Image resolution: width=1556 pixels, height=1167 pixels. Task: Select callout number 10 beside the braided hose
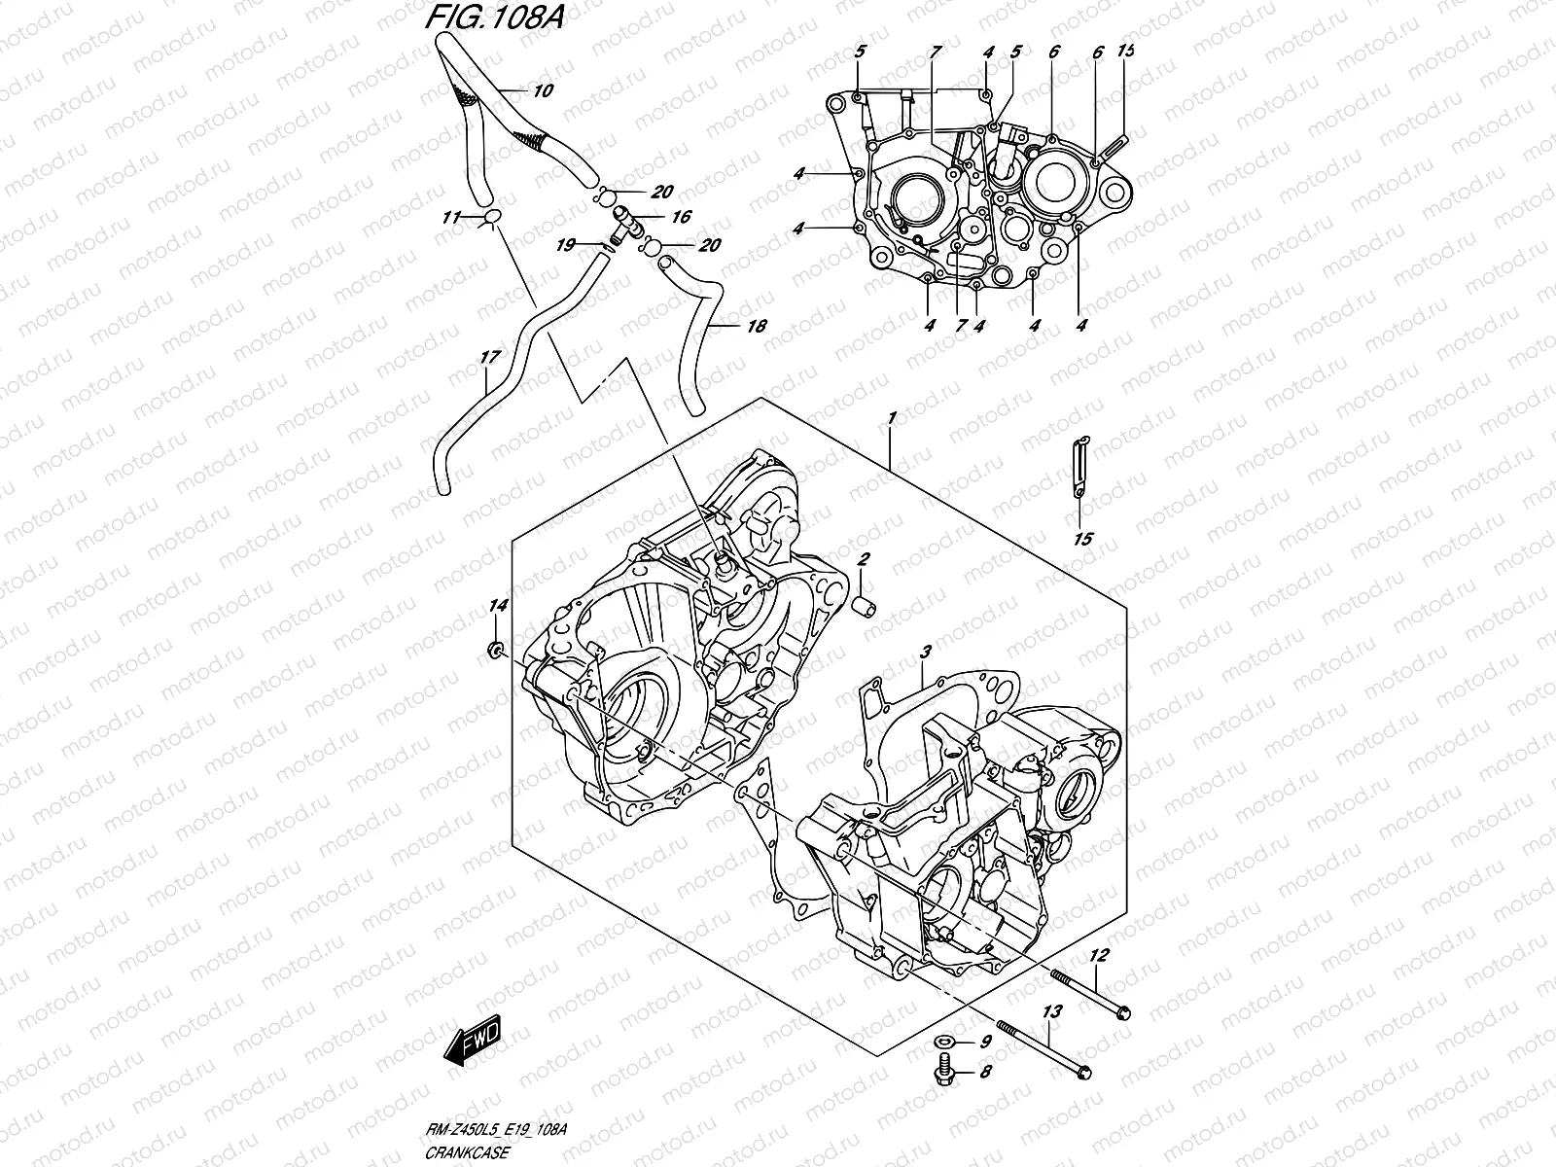click(543, 91)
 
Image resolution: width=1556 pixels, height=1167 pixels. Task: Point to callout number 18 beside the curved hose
click(756, 327)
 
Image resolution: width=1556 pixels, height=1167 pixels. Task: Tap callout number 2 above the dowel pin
click(862, 559)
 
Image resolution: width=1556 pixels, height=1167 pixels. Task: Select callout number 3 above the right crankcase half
click(927, 650)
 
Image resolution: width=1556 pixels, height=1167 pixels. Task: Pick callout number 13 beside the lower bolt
click(1051, 1012)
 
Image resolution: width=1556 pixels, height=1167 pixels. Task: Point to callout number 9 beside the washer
click(984, 1043)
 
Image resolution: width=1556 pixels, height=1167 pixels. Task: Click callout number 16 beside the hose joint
click(681, 217)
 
